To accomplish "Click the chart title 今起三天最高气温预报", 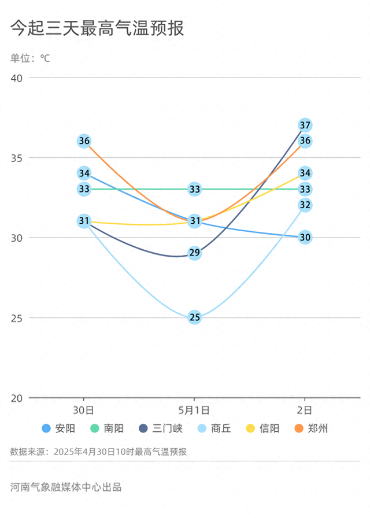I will click(97, 28).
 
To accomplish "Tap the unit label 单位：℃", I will click(30, 58).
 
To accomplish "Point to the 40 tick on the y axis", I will click(16, 77).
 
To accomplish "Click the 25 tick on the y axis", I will click(16, 318).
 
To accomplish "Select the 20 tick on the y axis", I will click(16, 398).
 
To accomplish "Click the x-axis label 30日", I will click(84, 410).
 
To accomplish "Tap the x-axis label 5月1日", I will click(194, 410).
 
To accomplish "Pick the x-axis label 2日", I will click(305, 410).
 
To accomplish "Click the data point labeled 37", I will click(305, 125).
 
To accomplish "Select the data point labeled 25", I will click(195, 317).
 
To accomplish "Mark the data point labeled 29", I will click(195, 253).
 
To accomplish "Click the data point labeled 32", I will click(305, 205).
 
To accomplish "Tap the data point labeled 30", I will click(305, 237).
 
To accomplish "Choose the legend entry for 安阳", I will click(58, 428).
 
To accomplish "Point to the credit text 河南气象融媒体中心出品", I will click(66, 487).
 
